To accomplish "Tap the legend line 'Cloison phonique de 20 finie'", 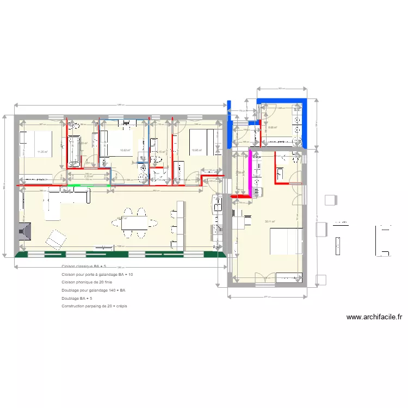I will click(87, 282).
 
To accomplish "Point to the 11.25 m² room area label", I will click(42, 152).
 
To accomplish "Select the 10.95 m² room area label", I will click(196, 151).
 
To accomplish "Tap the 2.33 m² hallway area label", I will click(89, 176).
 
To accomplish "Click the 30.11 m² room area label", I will click(269, 221).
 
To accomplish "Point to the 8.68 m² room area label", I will click(273, 128).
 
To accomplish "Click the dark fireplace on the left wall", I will click(24, 232).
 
